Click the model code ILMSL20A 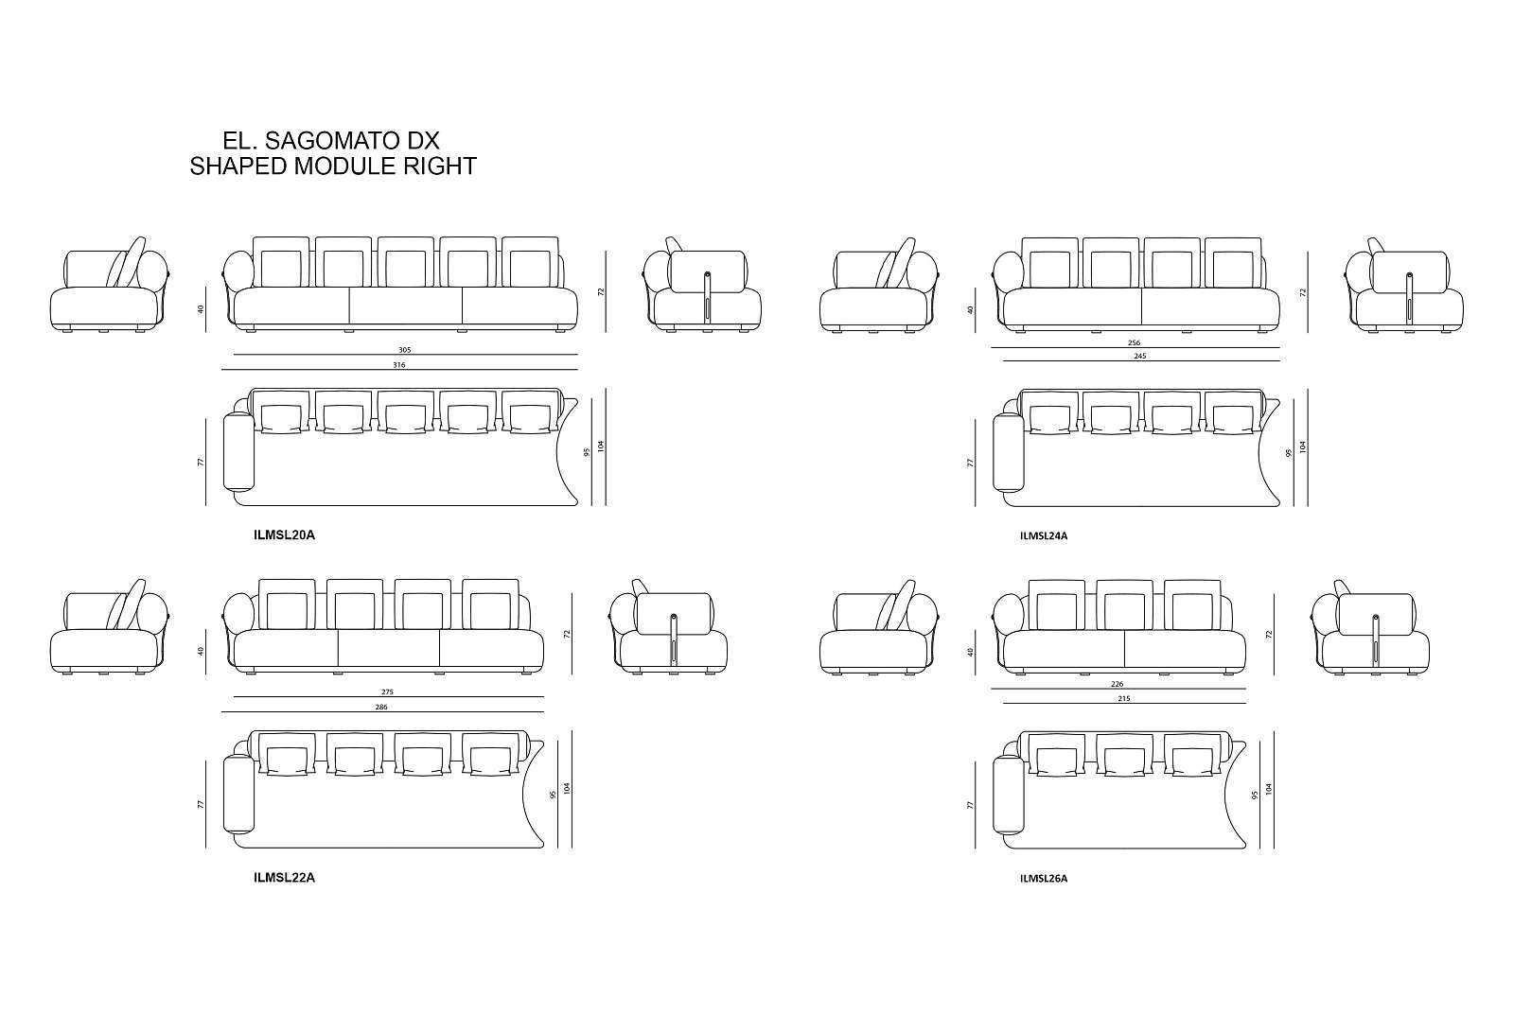(x=284, y=535)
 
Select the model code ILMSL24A (x=1044, y=536)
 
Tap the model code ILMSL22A (x=284, y=877)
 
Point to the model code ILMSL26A (x=1044, y=878)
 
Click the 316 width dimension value (x=399, y=364)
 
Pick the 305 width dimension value (x=405, y=350)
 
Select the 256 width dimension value (x=1134, y=342)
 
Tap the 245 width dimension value (x=1139, y=357)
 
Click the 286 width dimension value (x=381, y=707)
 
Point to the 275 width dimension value (x=387, y=692)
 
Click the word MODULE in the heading (x=344, y=167)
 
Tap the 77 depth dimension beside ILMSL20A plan (x=201, y=463)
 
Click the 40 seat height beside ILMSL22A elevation (x=201, y=651)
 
